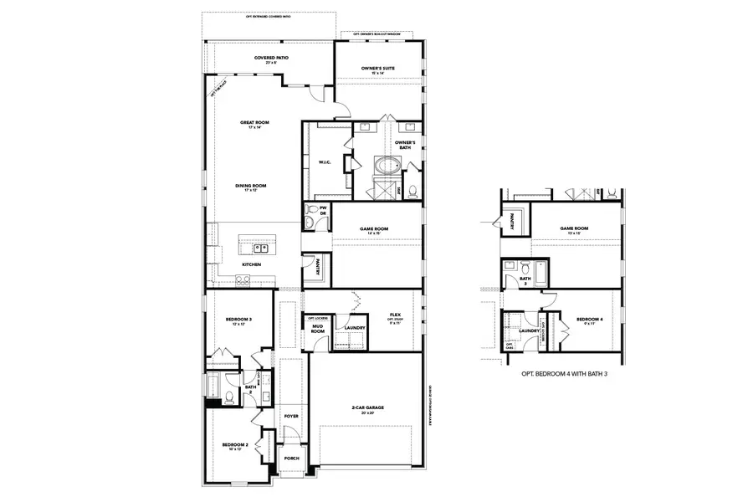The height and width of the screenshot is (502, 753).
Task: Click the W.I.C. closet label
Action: point(325,163)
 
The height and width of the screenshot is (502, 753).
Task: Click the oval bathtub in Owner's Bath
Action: point(387,165)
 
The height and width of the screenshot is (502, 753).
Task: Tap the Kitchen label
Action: point(252,264)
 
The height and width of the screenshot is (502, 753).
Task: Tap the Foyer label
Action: point(291,416)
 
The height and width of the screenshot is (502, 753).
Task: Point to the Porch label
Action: point(291,458)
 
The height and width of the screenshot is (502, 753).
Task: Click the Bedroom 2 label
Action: point(233,446)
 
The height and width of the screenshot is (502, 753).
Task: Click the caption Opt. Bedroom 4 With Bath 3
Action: point(564,374)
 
